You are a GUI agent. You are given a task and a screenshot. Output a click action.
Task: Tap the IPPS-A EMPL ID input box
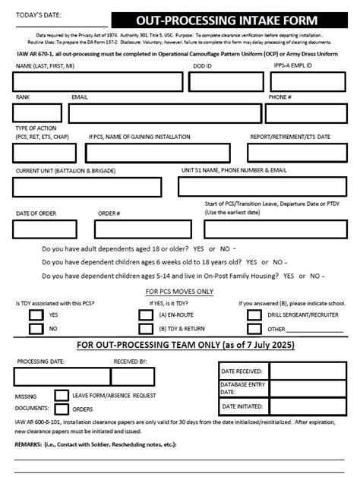(x=308, y=81)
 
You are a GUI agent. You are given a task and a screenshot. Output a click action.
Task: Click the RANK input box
(x=36, y=113)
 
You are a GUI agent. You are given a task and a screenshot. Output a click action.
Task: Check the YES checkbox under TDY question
(x=36, y=314)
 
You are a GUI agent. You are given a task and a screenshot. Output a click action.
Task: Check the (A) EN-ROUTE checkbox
(x=146, y=314)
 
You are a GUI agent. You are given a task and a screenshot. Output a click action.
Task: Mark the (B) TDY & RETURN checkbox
(x=146, y=329)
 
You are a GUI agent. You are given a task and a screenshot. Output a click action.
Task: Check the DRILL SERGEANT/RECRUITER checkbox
(x=254, y=314)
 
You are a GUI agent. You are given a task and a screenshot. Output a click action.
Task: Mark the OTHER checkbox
(x=254, y=329)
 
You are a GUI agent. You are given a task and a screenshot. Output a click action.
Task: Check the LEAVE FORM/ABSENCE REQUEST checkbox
(x=60, y=396)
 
